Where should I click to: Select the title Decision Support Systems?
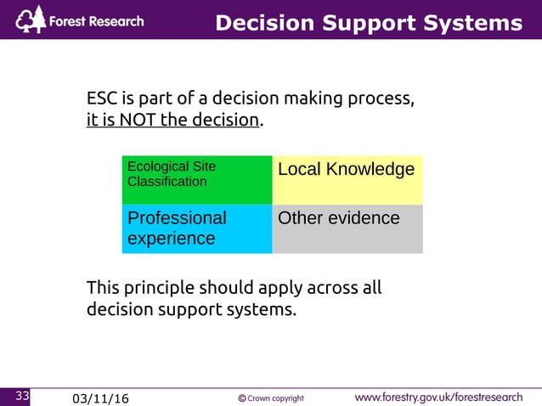pyautogui.click(x=368, y=23)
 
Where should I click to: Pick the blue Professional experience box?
pyautogui.click(x=196, y=228)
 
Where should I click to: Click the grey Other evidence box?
pyautogui.click(x=347, y=228)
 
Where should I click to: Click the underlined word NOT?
pyautogui.click(x=138, y=120)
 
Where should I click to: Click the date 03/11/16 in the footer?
pyautogui.click(x=101, y=398)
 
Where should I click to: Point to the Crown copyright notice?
pyautogui.click(x=271, y=398)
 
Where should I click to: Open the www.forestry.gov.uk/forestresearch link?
pyautogui.click(x=438, y=397)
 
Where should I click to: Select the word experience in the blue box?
pyautogui.click(x=171, y=239)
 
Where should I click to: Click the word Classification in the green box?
pyautogui.click(x=167, y=182)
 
